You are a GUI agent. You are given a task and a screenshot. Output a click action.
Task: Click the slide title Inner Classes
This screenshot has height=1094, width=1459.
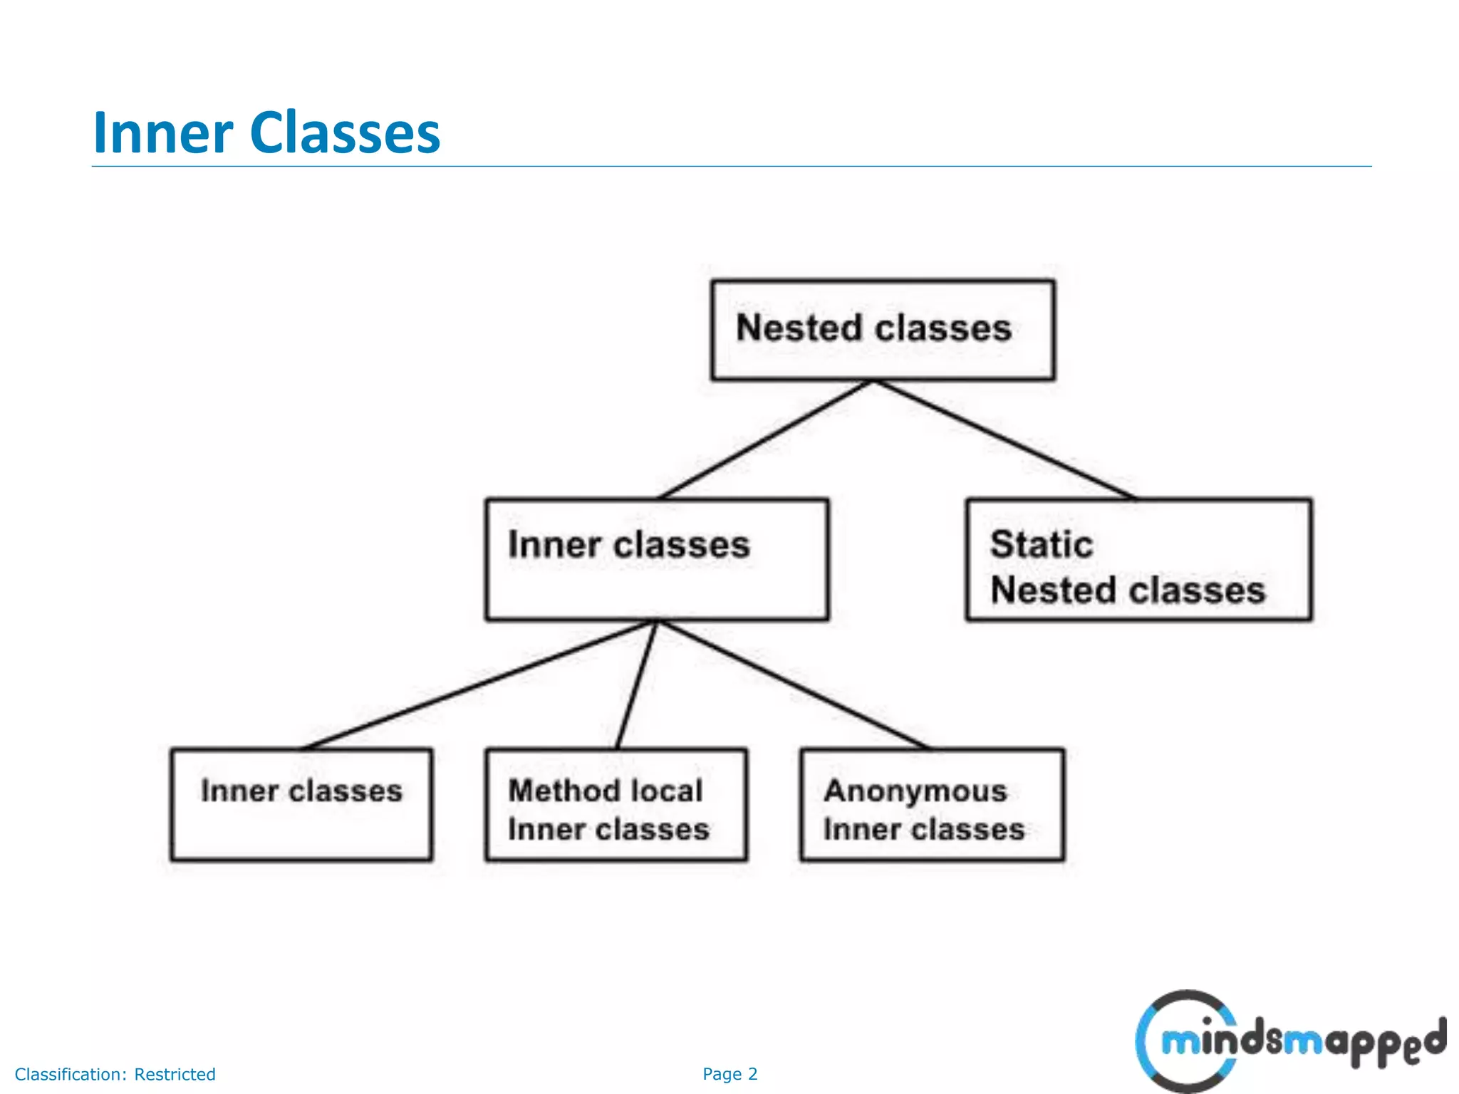tap(266, 132)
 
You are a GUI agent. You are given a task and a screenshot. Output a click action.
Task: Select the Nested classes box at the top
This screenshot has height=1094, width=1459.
tap(883, 330)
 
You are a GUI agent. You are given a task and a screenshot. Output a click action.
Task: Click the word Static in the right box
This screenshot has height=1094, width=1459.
tap(1041, 545)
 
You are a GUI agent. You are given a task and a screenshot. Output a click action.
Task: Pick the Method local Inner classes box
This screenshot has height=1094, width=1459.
tap(616, 805)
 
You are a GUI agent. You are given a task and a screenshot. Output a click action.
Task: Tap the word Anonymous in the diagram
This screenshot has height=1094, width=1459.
tap(915, 791)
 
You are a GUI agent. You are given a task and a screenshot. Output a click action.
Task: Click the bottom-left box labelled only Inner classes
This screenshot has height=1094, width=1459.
tap(301, 805)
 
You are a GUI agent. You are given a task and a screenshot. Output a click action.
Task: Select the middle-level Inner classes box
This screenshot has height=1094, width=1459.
tap(656, 560)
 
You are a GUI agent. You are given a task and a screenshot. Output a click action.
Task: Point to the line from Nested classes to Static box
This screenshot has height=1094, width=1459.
tap(1004, 440)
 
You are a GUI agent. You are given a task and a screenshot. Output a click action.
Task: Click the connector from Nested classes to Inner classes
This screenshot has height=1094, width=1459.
tap(766, 440)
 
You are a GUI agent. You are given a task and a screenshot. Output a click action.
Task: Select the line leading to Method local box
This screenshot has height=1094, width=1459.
tap(636, 684)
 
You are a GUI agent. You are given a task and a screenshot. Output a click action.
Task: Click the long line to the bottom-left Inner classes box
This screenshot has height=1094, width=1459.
tap(479, 684)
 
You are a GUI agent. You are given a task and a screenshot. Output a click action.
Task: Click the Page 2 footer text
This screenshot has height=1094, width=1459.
tap(729, 1074)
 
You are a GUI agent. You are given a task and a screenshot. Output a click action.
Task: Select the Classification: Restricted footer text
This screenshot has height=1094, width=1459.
tap(115, 1074)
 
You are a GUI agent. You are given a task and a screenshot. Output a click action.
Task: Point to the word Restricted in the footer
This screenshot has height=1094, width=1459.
tap(175, 1074)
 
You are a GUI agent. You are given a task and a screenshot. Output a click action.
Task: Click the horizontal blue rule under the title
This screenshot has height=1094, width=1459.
tap(731, 167)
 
